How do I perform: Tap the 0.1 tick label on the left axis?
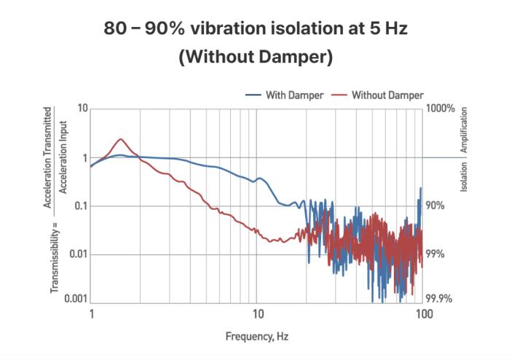pos(79,206)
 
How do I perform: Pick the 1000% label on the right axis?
pos(441,109)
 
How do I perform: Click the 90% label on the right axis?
pos(435,206)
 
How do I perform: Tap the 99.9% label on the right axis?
pos(439,300)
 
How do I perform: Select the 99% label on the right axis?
pos(435,254)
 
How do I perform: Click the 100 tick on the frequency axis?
pos(424,313)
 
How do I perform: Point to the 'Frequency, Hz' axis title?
pos(256,336)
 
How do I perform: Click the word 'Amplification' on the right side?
pos(465,130)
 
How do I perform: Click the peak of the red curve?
pos(122,138)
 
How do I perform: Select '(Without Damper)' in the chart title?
pos(256,58)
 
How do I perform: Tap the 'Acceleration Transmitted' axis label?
pos(48,157)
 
